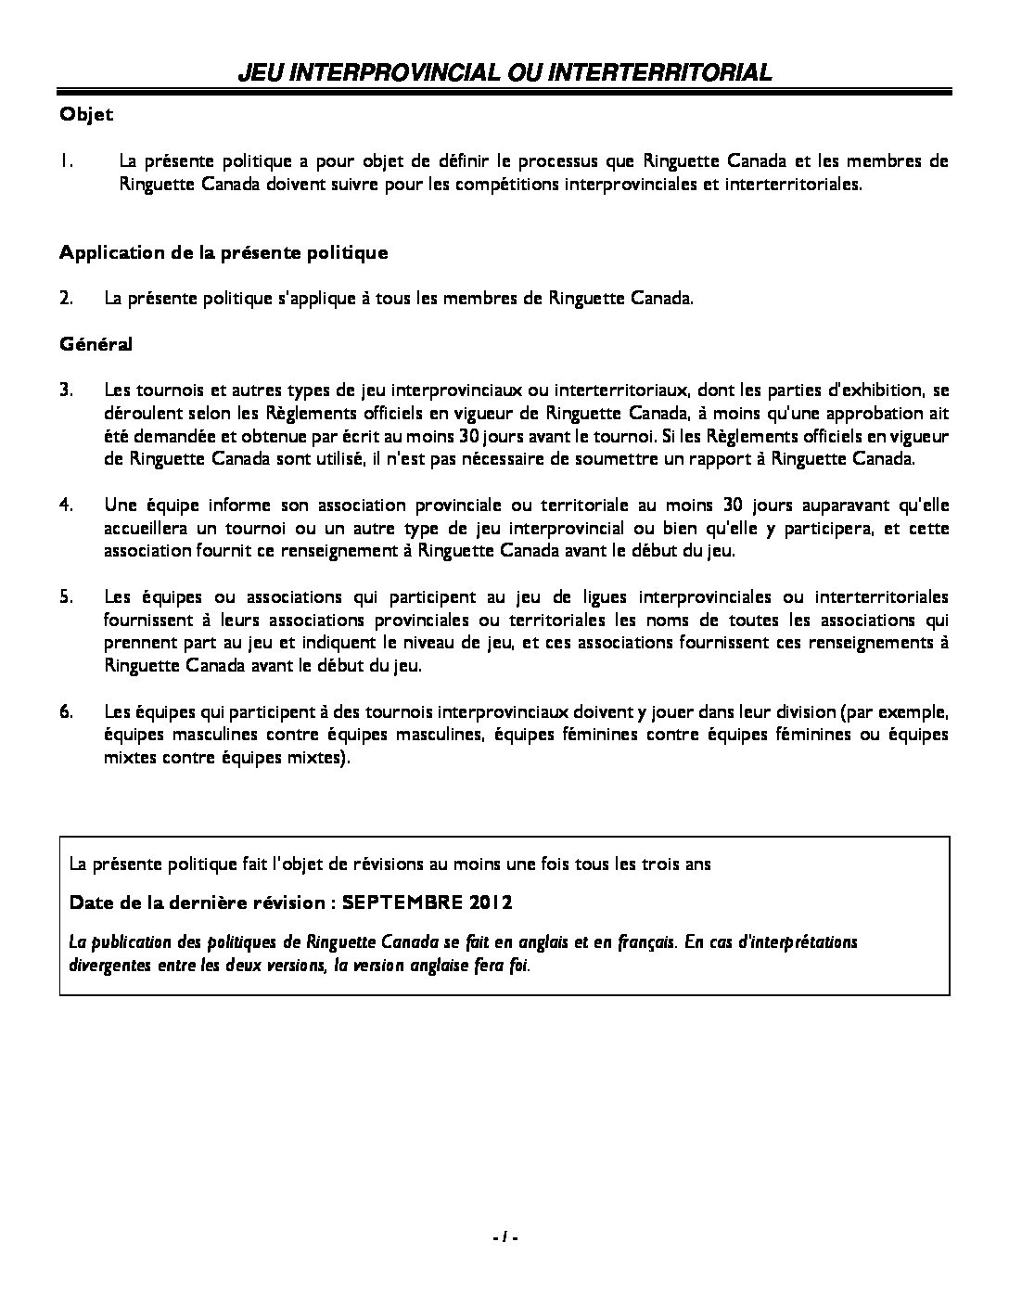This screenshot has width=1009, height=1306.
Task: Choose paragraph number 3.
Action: (66, 390)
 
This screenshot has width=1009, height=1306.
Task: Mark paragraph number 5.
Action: (66, 596)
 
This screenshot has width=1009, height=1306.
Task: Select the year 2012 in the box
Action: (491, 903)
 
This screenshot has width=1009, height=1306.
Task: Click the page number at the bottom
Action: (504, 1236)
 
